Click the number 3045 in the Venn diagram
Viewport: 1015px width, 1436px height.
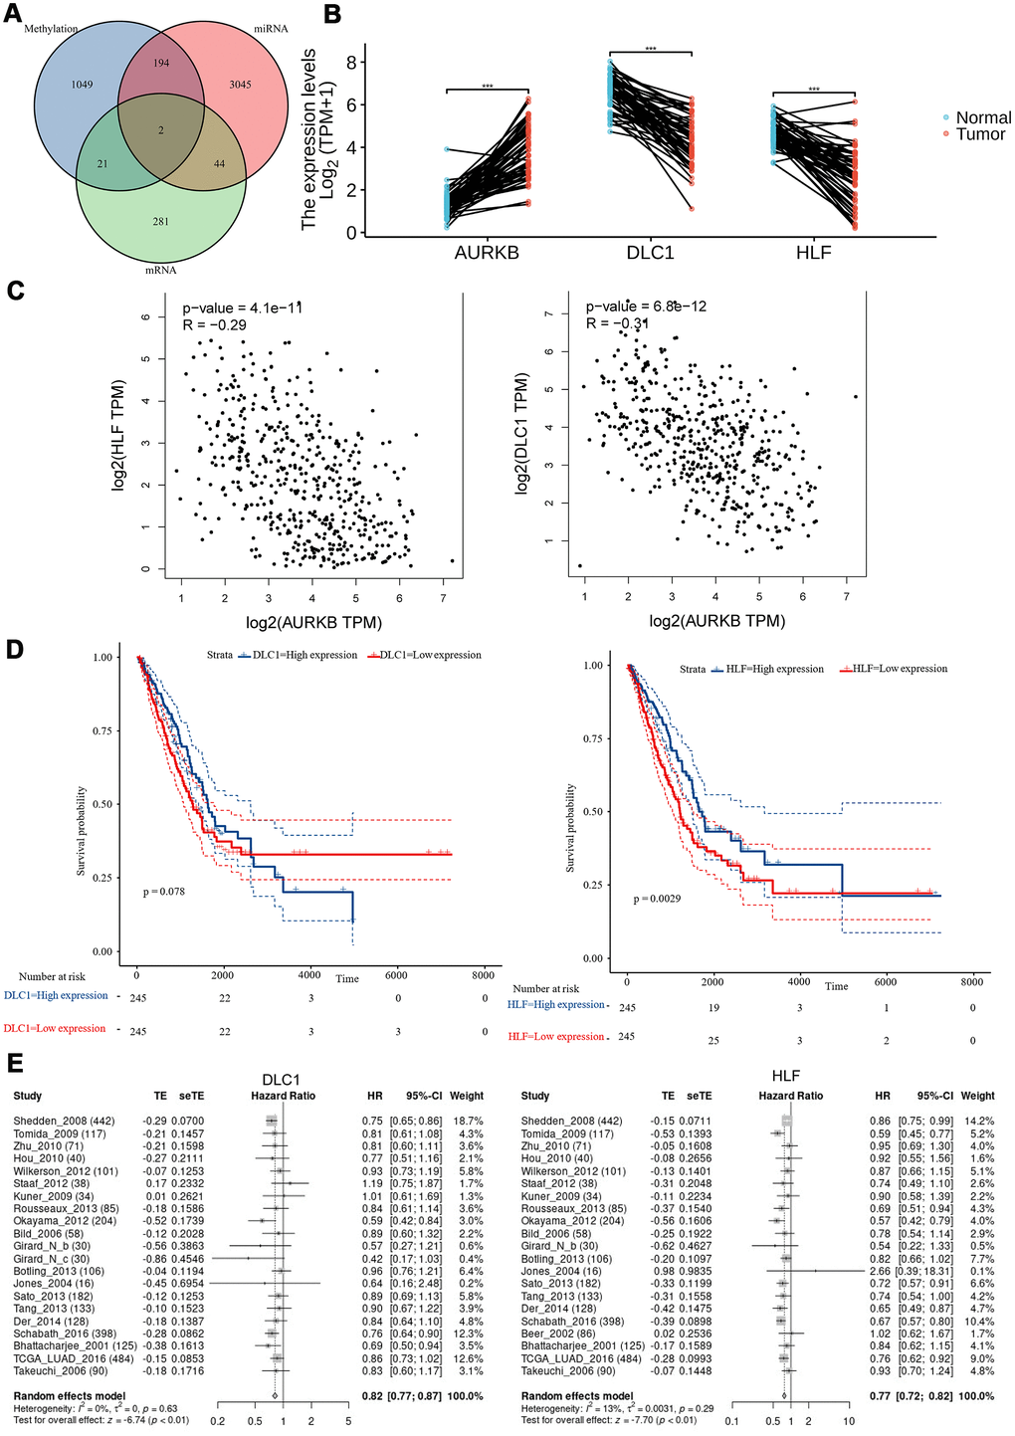pyautogui.click(x=240, y=85)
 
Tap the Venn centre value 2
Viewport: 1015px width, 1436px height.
pyautogui.click(x=161, y=130)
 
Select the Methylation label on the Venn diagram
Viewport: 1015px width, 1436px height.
pyautogui.click(x=51, y=29)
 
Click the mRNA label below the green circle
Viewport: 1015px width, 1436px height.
pyautogui.click(x=160, y=270)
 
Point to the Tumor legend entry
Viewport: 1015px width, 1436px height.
pyautogui.click(x=980, y=134)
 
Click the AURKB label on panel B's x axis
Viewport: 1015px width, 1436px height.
pyautogui.click(x=487, y=253)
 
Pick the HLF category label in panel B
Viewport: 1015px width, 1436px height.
pyautogui.click(x=813, y=253)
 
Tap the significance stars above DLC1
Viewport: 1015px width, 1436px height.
pyautogui.click(x=651, y=49)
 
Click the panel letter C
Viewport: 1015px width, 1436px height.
pyautogui.click(x=15, y=291)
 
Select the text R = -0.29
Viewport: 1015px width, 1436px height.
pyautogui.click(x=214, y=324)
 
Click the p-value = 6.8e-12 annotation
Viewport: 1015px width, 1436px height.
pyautogui.click(x=646, y=307)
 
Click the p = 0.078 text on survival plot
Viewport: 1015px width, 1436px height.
pyautogui.click(x=164, y=892)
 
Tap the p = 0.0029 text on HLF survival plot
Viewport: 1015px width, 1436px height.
pyautogui.click(x=657, y=899)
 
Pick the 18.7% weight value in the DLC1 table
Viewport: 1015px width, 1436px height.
pyautogui.click(x=467, y=1121)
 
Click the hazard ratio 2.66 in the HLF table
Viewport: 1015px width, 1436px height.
pyautogui.click(x=882, y=1272)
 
